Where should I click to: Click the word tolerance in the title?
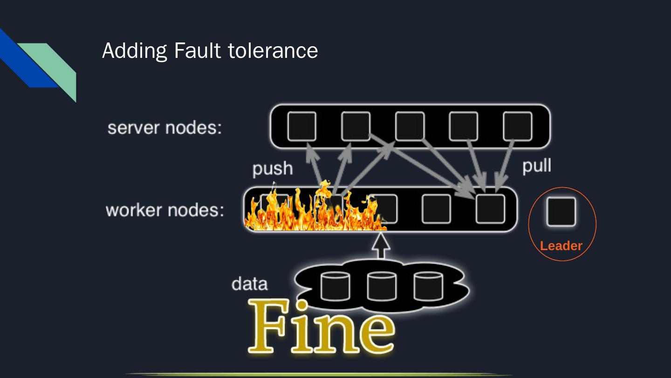[x=273, y=50]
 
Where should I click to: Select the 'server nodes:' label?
[x=164, y=127]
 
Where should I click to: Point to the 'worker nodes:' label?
[x=164, y=210]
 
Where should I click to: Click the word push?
[x=273, y=168]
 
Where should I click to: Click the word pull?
[x=537, y=165]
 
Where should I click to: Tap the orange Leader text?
[x=561, y=246]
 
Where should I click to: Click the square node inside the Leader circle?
[x=561, y=211]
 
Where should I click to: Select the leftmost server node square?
[x=301, y=126]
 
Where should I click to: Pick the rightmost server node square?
[x=517, y=126]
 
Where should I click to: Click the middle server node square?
[x=410, y=126]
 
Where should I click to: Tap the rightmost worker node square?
[x=490, y=209]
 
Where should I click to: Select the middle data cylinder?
[x=382, y=286]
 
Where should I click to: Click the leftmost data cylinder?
[x=335, y=286]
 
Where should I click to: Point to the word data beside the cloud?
[x=250, y=284]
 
